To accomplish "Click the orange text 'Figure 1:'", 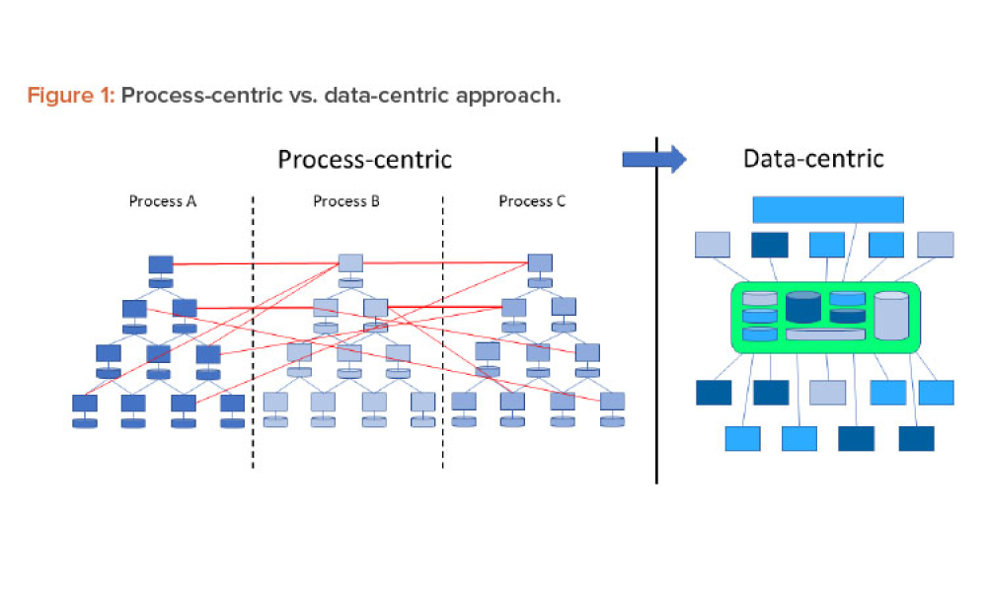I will pyautogui.click(x=70, y=97).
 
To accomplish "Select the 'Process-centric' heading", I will pyautogui.click(x=364, y=159).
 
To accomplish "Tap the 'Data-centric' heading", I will pyautogui.click(x=812, y=158).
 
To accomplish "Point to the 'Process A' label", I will pyautogui.click(x=163, y=201).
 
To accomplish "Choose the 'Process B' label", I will pyautogui.click(x=346, y=201).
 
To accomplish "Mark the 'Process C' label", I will pyautogui.click(x=532, y=201).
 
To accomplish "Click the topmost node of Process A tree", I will pyautogui.click(x=161, y=264).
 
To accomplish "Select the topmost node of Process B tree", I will pyautogui.click(x=350, y=262).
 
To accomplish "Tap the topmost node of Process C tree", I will pyautogui.click(x=540, y=262).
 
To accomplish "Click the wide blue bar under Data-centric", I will pyautogui.click(x=828, y=209).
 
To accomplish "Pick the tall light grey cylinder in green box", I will pyautogui.click(x=891, y=316).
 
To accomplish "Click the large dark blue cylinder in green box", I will pyautogui.click(x=803, y=308).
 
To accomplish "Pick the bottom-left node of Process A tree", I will pyautogui.click(x=85, y=404).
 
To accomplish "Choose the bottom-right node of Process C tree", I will pyautogui.click(x=612, y=402).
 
